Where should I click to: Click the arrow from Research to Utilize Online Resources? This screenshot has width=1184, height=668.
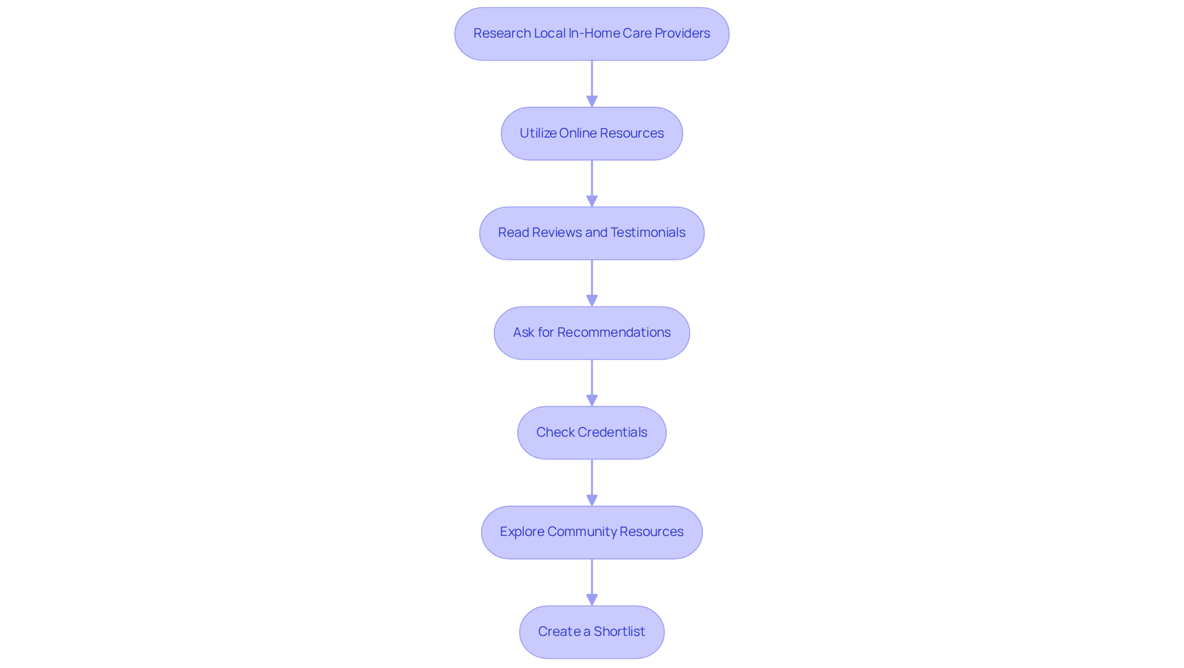(x=592, y=83)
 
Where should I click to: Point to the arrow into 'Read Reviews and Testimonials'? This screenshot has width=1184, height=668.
(x=592, y=183)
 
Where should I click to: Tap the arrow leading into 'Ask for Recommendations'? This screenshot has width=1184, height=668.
(x=592, y=283)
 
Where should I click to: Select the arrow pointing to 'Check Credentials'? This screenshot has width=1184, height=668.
(x=592, y=383)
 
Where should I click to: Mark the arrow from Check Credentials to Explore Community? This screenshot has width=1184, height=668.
(x=592, y=483)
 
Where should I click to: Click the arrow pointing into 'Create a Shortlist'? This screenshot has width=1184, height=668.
(x=592, y=582)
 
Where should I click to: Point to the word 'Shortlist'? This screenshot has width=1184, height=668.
(x=619, y=632)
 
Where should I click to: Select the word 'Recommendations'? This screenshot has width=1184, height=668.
(x=614, y=332)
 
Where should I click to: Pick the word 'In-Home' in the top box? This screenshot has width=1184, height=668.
(x=594, y=33)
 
